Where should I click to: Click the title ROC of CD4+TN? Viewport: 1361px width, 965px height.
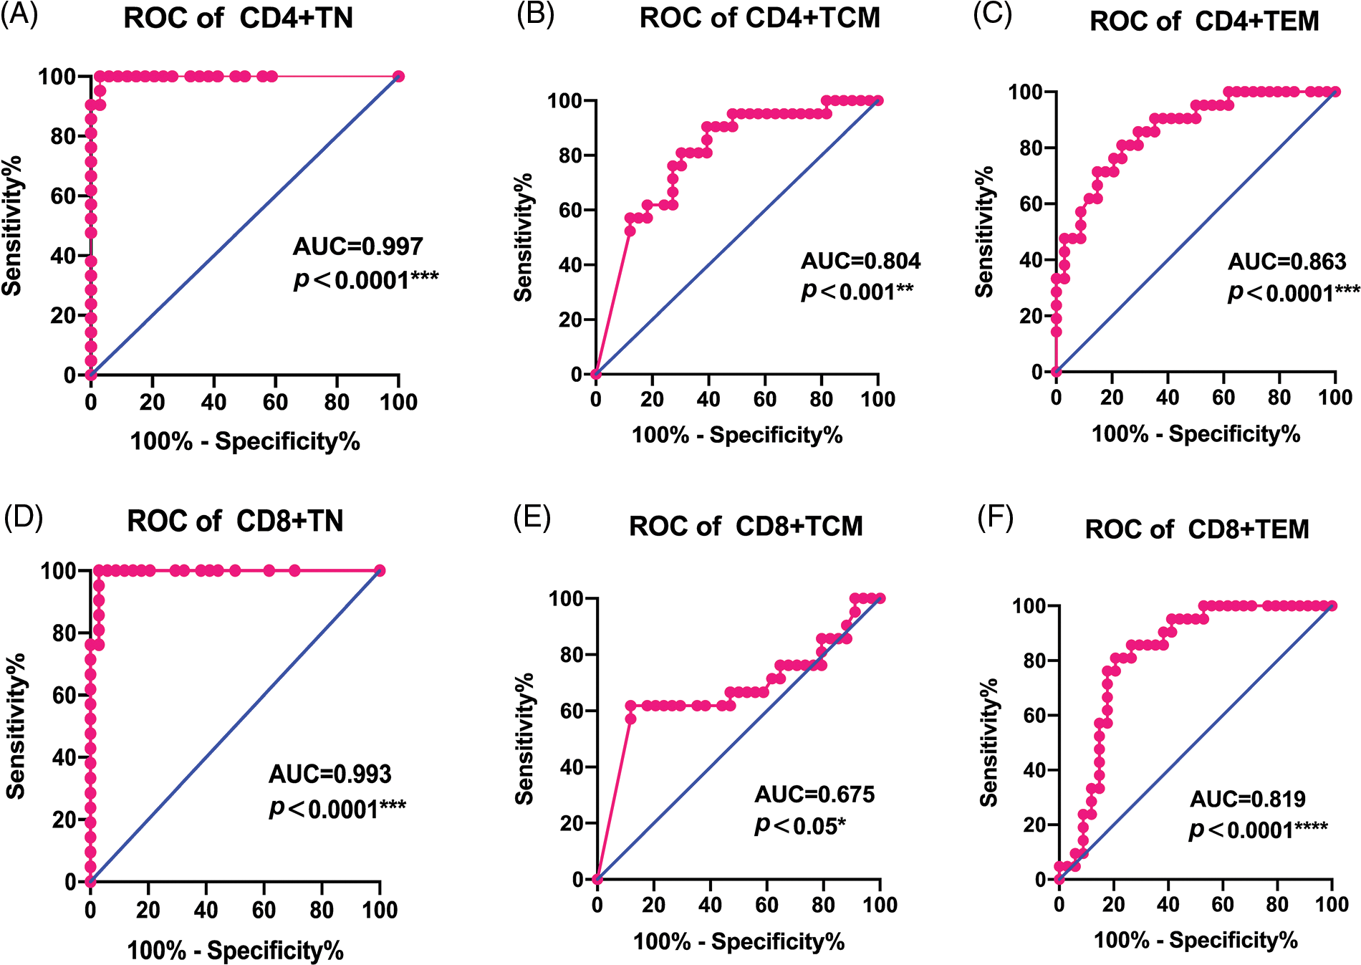pyautogui.click(x=238, y=18)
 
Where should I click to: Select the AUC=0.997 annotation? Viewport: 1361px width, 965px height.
pyautogui.click(x=357, y=246)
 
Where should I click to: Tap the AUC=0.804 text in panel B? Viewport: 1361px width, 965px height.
pyautogui.click(x=860, y=261)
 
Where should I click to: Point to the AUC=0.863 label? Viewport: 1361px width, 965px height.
pyautogui.click(x=1287, y=261)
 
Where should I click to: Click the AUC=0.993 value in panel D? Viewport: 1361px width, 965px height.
pyautogui.click(x=330, y=774)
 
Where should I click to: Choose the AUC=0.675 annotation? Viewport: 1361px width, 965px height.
pyautogui.click(x=814, y=794)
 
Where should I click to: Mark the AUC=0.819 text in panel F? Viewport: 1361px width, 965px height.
pyautogui.click(x=1247, y=798)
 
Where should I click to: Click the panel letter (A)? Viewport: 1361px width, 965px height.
pyautogui.click(x=19, y=14)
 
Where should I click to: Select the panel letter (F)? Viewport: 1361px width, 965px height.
pyautogui.click(x=995, y=518)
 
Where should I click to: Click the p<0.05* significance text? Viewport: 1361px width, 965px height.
pyautogui.click(x=799, y=826)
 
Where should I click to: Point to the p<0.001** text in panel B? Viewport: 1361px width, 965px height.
pyautogui.click(x=857, y=292)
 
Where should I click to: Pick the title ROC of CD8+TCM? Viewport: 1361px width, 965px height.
pyautogui.click(x=746, y=526)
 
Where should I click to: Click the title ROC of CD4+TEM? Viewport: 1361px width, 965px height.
pyautogui.click(x=1203, y=21)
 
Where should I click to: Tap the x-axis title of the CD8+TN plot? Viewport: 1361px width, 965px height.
pyautogui.click(x=235, y=950)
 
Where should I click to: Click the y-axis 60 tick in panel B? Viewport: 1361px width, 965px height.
pyautogui.click(x=569, y=210)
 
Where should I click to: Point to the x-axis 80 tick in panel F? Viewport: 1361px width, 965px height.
pyautogui.click(x=1277, y=904)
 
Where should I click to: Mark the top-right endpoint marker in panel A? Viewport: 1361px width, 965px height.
pyautogui.click(x=399, y=77)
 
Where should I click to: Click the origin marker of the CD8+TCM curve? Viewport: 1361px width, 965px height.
pyautogui.click(x=597, y=879)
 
